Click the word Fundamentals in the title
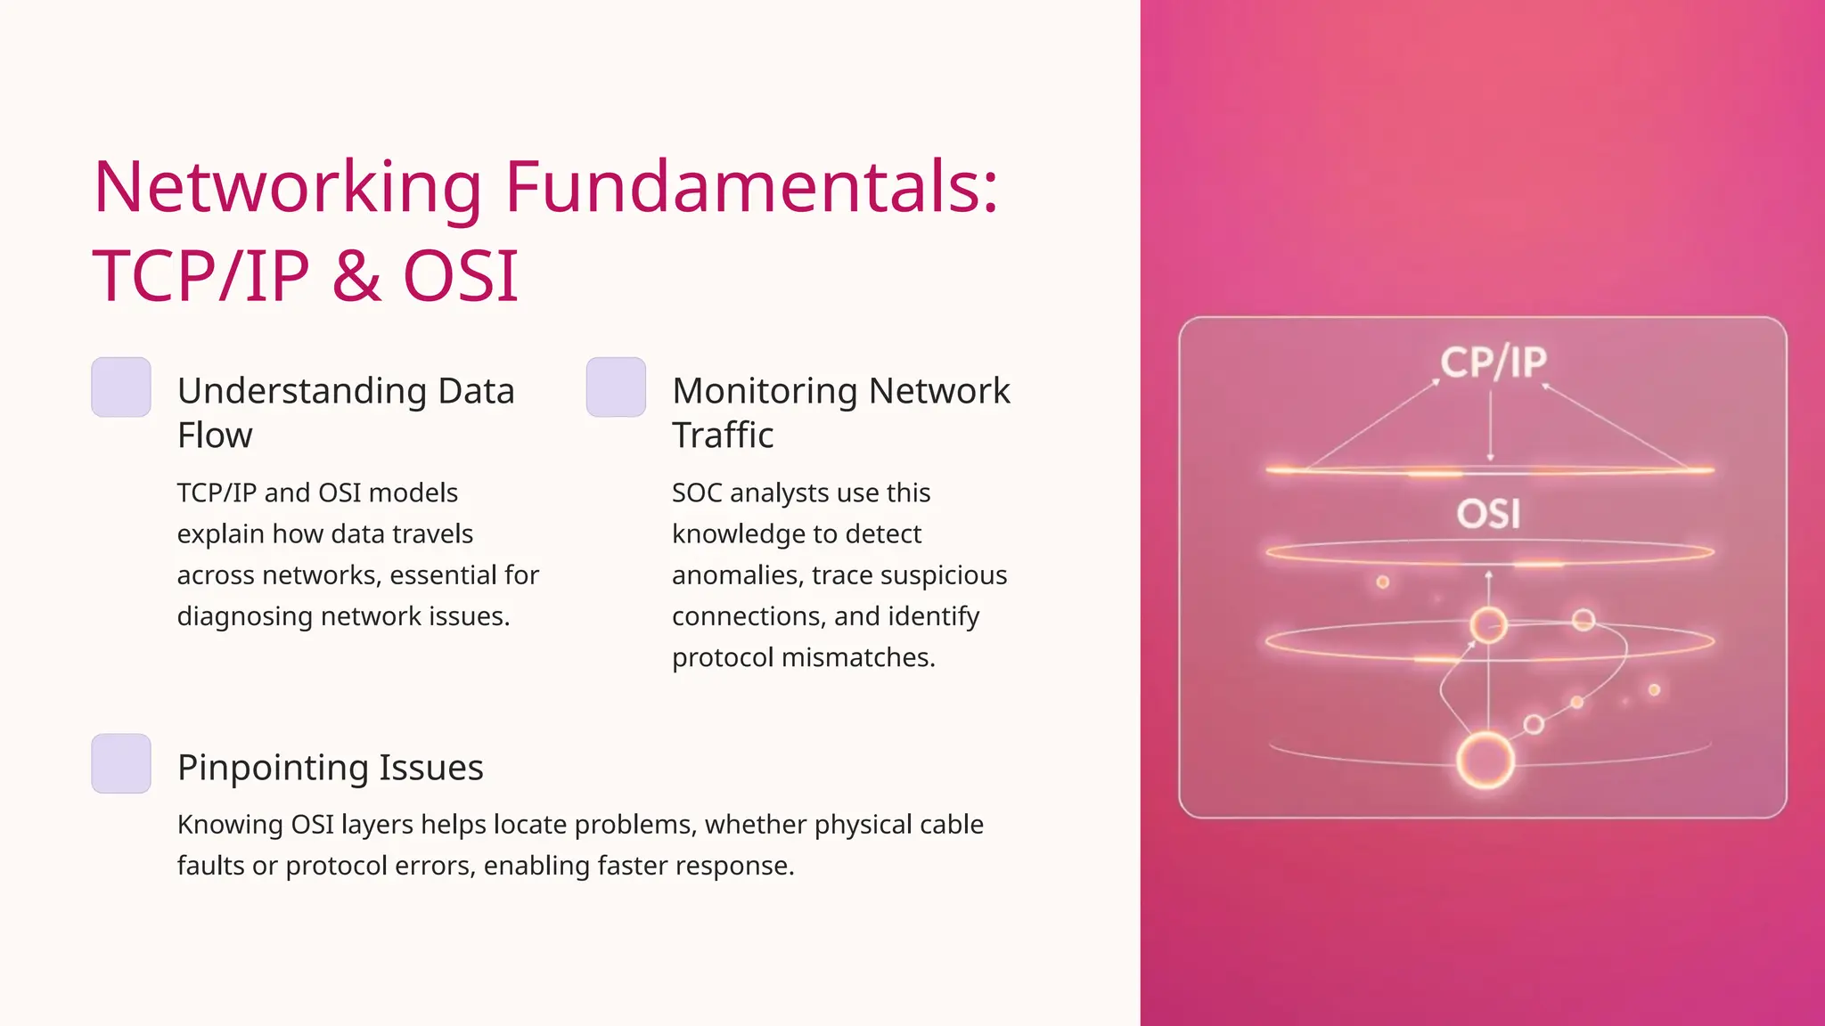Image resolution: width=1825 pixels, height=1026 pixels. [x=751, y=187]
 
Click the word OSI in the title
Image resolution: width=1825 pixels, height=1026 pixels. [x=461, y=276]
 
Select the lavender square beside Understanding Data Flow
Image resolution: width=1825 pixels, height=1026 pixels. [x=121, y=387]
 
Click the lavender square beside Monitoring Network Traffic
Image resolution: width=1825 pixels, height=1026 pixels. [x=616, y=387]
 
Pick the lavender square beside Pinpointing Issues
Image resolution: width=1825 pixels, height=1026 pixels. [x=121, y=763]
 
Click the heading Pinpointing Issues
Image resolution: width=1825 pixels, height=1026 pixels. [x=330, y=768]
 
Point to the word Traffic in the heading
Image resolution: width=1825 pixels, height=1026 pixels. [x=723, y=436]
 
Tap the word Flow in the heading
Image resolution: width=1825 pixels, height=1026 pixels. [x=215, y=436]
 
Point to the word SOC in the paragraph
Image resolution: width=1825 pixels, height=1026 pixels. [x=697, y=493]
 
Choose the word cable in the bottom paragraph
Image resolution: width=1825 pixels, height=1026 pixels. [x=951, y=825]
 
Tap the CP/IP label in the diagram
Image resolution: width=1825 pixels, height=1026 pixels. [x=1494, y=362]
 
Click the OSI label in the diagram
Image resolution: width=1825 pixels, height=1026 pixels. [x=1488, y=514]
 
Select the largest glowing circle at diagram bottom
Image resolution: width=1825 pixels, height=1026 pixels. [x=1485, y=761]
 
